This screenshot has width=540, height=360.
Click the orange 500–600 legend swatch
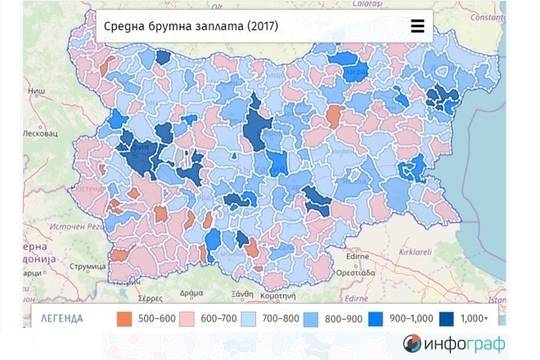[125, 319]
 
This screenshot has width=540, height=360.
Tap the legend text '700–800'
[280, 320]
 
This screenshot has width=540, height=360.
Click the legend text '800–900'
[344, 320]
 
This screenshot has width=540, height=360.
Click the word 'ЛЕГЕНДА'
[62, 320]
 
